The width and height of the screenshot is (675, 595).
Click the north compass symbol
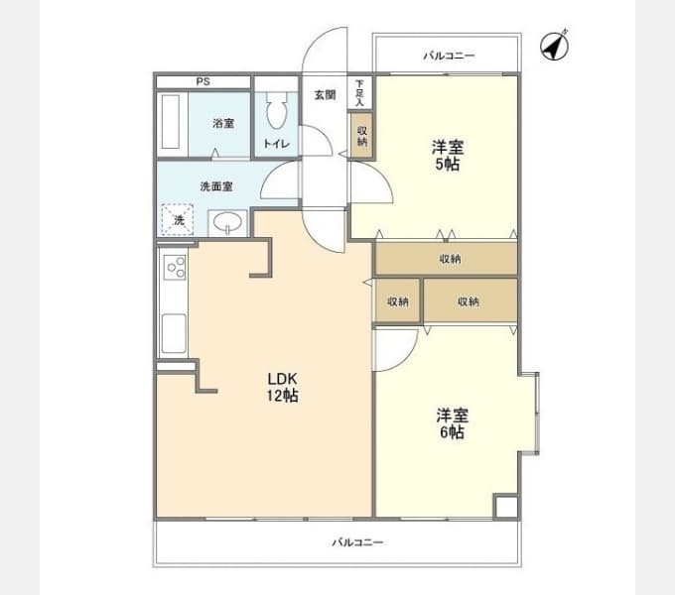click(554, 46)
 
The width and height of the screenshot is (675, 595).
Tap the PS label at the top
click(202, 81)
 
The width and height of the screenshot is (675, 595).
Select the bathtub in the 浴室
click(173, 124)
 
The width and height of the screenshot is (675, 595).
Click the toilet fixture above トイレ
click(276, 111)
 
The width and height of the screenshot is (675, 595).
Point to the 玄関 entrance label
click(325, 95)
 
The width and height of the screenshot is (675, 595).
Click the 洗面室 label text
click(215, 186)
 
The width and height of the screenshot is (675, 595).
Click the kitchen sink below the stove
click(174, 331)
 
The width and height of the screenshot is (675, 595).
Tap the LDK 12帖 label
click(282, 387)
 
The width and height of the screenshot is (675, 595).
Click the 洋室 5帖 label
click(446, 156)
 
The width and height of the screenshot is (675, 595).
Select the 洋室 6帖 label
click(452, 423)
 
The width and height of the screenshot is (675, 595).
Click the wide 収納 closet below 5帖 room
click(448, 259)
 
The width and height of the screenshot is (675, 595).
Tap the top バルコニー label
click(449, 56)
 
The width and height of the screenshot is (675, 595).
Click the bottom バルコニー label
click(357, 542)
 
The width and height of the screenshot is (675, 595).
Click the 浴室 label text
click(223, 124)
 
